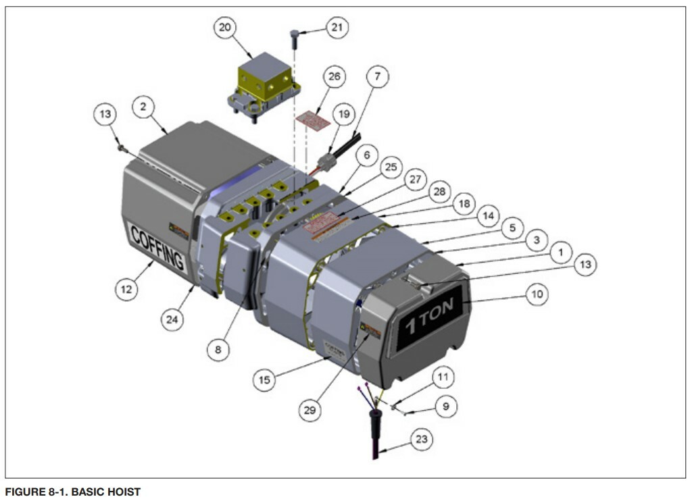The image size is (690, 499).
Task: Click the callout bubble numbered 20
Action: point(225,28)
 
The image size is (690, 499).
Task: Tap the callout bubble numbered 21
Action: point(335,28)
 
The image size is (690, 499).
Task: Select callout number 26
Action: point(333,77)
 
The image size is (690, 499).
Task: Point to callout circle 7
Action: point(377,77)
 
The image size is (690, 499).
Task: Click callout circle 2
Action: point(143,106)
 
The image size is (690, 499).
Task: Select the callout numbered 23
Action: point(421,440)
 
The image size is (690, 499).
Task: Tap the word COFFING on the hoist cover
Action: point(156,248)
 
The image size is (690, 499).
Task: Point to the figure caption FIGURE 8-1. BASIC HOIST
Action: point(73,492)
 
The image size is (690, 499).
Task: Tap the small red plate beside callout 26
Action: point(314,118)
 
